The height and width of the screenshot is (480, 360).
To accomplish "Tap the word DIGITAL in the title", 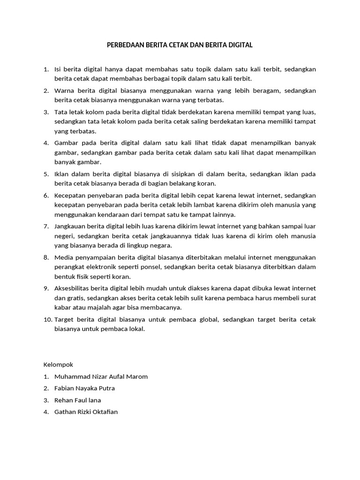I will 240,45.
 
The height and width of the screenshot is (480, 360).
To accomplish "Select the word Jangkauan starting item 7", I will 70,226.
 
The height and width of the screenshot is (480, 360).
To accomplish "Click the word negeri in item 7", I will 64,236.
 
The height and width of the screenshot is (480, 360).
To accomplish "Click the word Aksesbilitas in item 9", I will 73,288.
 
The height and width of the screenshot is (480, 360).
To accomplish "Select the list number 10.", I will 48,319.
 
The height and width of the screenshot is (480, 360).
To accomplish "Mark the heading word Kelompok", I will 59,364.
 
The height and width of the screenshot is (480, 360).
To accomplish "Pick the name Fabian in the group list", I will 64,388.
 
